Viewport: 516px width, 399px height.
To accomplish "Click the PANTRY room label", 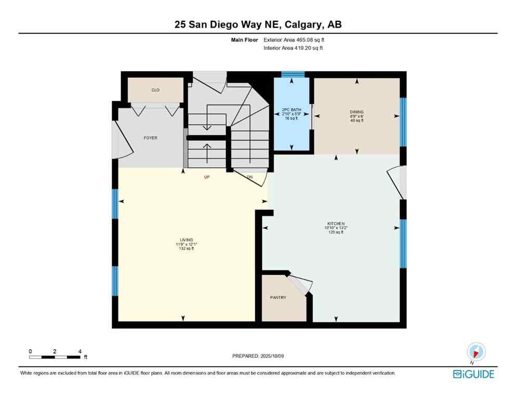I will [278, 298].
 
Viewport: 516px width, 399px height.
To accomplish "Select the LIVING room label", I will [186, 241].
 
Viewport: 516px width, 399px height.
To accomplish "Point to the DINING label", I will [356, 112].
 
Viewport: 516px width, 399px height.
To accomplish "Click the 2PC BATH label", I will [292, 110].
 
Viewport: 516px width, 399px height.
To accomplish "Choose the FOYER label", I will [151, 138].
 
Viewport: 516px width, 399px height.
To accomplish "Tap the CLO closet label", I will [155, 90].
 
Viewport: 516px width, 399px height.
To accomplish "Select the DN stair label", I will [249, 177].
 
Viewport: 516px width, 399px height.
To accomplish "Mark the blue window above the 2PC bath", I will [292, 74].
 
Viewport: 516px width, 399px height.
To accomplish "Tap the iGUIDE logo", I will [473, 374].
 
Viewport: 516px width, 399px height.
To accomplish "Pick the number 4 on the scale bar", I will [80, 351].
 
